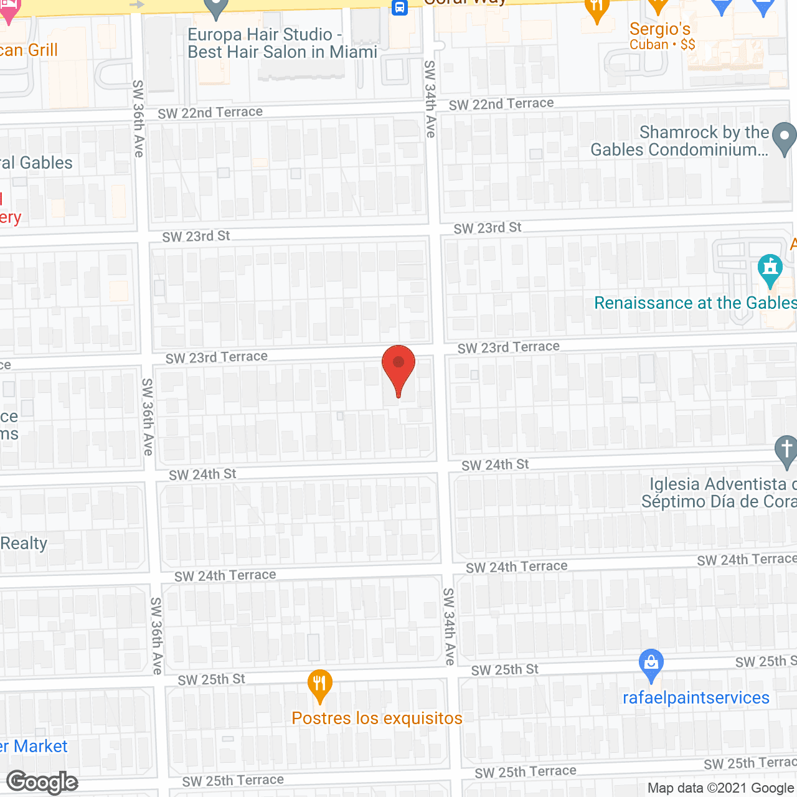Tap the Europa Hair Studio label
tap(282, 43)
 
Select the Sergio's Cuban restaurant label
tap(660, 36)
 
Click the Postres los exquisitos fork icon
tap(319, 686)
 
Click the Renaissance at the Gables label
tap(695, 303)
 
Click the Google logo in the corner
tap(42, 782)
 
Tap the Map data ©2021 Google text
tap(720, 788)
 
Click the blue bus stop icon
tap(399, 8)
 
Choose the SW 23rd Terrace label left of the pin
tap(217, 357)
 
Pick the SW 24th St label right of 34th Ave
tap(495, 465)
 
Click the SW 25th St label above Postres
tap(212, 679)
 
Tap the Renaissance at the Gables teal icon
tap(770, 269)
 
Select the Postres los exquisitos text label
tap(377, 719)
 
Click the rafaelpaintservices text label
tap(696, 698)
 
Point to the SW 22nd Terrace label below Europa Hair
tap(210, 113)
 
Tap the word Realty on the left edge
tap(24, 544)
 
